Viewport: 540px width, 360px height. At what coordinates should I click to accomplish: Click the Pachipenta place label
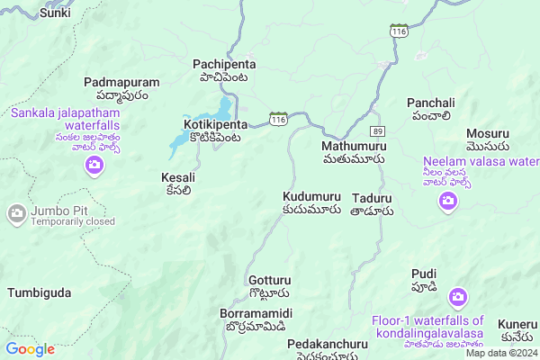tap(224, 65)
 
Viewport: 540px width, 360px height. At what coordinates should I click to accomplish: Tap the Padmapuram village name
tap(121, 83)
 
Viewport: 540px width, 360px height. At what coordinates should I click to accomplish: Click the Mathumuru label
tap(355, 144)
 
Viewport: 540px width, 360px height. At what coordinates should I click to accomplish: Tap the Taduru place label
tap(373, 197)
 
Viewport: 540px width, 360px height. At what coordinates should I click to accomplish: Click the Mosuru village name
tap(488, 132)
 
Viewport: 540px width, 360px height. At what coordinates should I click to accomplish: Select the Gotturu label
tap(269, 281)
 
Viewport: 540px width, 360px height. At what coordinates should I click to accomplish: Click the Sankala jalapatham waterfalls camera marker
tap(94, 165)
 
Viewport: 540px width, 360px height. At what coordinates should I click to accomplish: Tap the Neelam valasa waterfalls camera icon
tap(447, 202)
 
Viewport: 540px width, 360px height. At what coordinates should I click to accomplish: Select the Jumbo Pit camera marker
tap(16, 214)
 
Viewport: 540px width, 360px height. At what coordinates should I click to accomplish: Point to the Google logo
tap(31, 349)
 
